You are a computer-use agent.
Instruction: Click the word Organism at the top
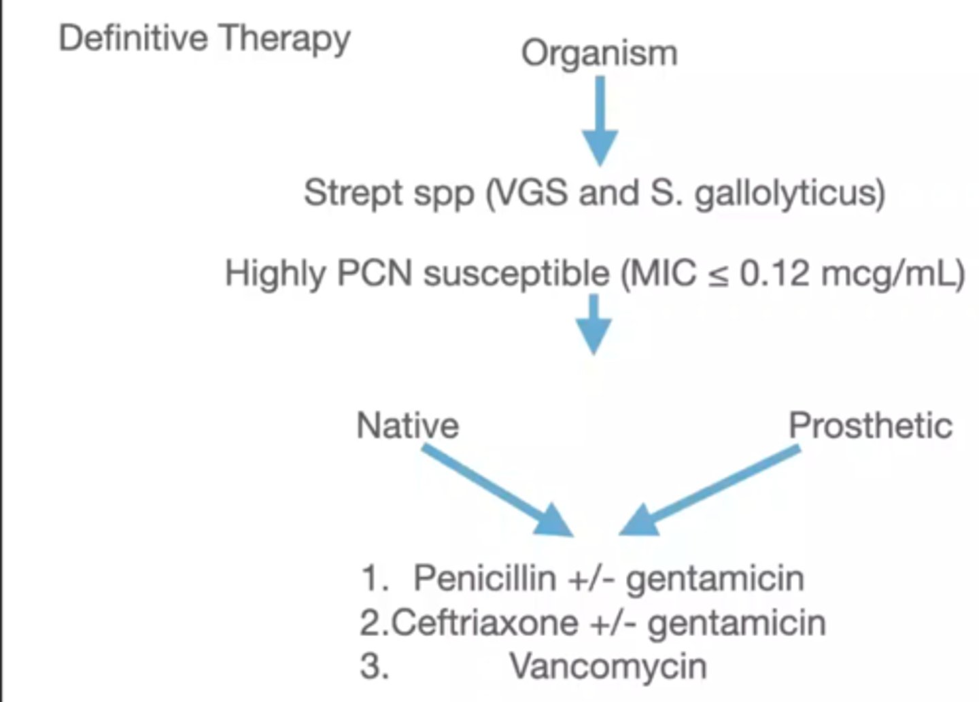point(599,53)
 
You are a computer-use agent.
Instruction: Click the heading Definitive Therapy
point(204,38)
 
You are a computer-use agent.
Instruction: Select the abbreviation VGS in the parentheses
point(532,193)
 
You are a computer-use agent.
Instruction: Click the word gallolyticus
point(789,194)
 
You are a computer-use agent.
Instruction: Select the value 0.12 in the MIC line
point(774,274)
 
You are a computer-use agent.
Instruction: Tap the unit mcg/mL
point(891,274)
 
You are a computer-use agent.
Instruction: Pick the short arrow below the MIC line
point(594,324)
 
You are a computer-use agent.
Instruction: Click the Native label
point(407,426)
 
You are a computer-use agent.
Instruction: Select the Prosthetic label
point(870,426)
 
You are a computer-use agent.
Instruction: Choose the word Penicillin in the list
point(483,578)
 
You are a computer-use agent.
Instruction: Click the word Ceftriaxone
point(485,622)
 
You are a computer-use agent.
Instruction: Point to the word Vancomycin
point(608,666)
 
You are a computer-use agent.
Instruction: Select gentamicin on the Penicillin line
point(715,578)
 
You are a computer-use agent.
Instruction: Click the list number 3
point(373,667)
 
